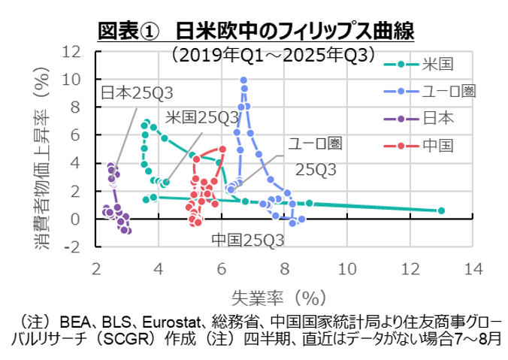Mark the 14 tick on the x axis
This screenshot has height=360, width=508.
[x=473, y=268]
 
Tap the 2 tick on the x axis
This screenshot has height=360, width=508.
[x=96, y=268]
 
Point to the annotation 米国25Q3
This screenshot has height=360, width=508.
[x=201, y=116]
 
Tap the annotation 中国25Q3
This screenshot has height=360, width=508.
[x=247, y=240]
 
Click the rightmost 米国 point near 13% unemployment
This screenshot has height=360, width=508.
[x=441, y=210]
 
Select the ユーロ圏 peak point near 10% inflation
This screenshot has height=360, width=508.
[x=243, y=80]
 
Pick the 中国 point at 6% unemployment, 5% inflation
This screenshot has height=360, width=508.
[x=222, y=149]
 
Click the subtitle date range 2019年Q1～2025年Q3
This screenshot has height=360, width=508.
[x=273, y=54]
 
